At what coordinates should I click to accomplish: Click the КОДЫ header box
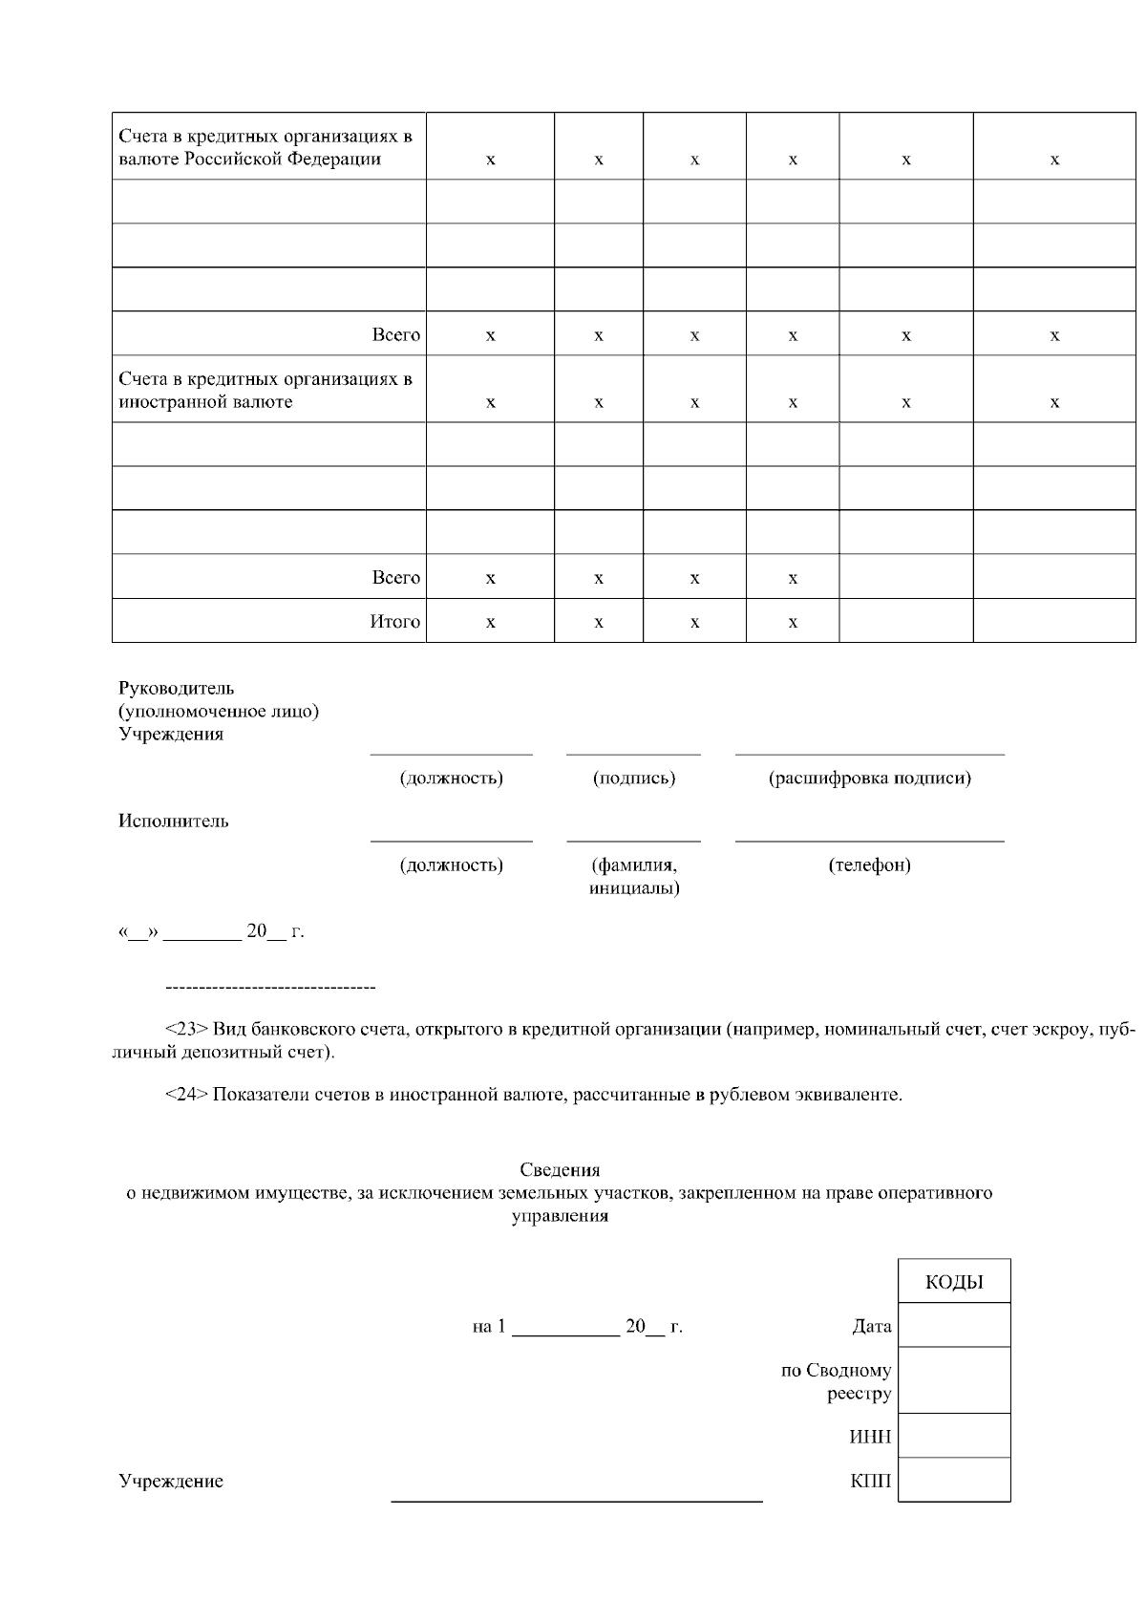pyautogui.click(x=954, y=1282)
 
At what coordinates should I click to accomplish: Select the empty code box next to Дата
pyautogui.click(x=954, y=1326)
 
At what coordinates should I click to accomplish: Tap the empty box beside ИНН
pyautogui.click(x=954, y=1436)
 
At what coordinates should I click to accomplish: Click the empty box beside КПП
pyautogui.click(x=954, y=1480)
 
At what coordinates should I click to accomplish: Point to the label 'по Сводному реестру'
pyautogui.click(x=837, y=1381)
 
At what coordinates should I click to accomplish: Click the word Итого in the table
pyautogui.click(x=394, y=622)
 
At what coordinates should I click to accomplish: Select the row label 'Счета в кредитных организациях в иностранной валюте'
pyautogui.click(x=265, y=391)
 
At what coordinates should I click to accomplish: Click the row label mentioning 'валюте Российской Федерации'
pyautogui.click(x=265, y=147)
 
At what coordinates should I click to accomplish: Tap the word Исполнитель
pyautogui.click(x=174, y=821)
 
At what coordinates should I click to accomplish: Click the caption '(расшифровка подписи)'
pyautogui.click(x=869, y=778)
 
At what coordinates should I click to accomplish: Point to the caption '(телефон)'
pyautogui.click(x=869, y=864)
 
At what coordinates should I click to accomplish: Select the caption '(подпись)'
pyautogui.click(x=633, y=778)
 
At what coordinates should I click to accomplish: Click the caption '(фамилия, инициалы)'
pyautogui.click(x=633, y=876)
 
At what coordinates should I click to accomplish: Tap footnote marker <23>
pyautogui.click(x=186, y=1029)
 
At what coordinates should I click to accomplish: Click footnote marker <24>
pyautogui.click(x=186, y=1094)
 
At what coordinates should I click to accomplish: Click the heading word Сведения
pyautogui.click(x=560, y=1169)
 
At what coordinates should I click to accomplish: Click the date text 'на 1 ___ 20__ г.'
pyautogui.click(x=577, y=1327)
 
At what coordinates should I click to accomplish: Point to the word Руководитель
pyautogui.click(x=176, y=688)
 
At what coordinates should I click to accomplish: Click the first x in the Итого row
pyautogui.click(x=490, y=623)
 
